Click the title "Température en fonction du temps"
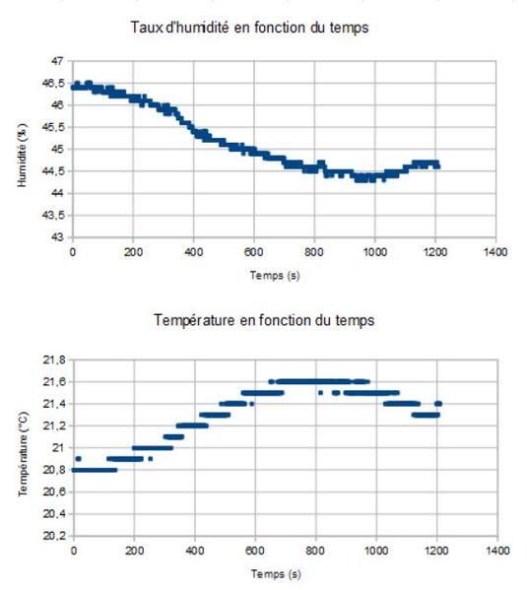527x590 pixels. click(264, 320)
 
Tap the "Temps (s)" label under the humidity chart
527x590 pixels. click(274, 277)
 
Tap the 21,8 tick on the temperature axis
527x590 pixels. click(55, 360)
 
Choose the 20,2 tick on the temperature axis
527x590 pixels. click(55, 537)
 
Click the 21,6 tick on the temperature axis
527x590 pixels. click(55, 381)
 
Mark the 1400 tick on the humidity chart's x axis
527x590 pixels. click(496, 253)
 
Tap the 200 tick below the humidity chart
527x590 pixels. click(134, 253)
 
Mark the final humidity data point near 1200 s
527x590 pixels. click(436, 166)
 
